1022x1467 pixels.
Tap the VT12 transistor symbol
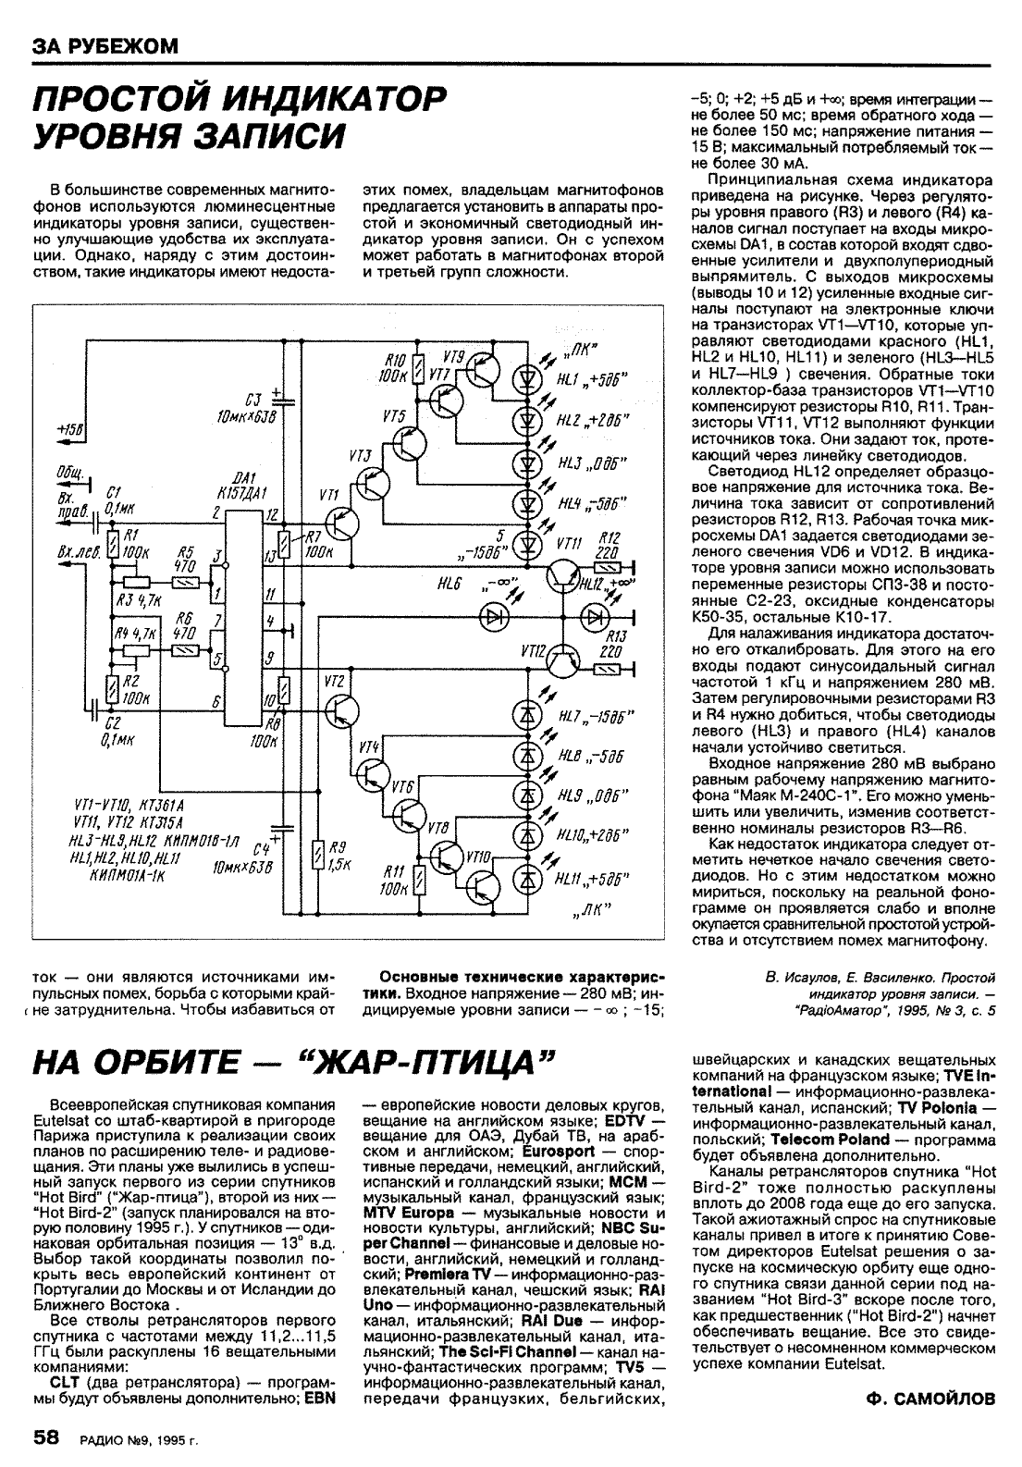(561, 659)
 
